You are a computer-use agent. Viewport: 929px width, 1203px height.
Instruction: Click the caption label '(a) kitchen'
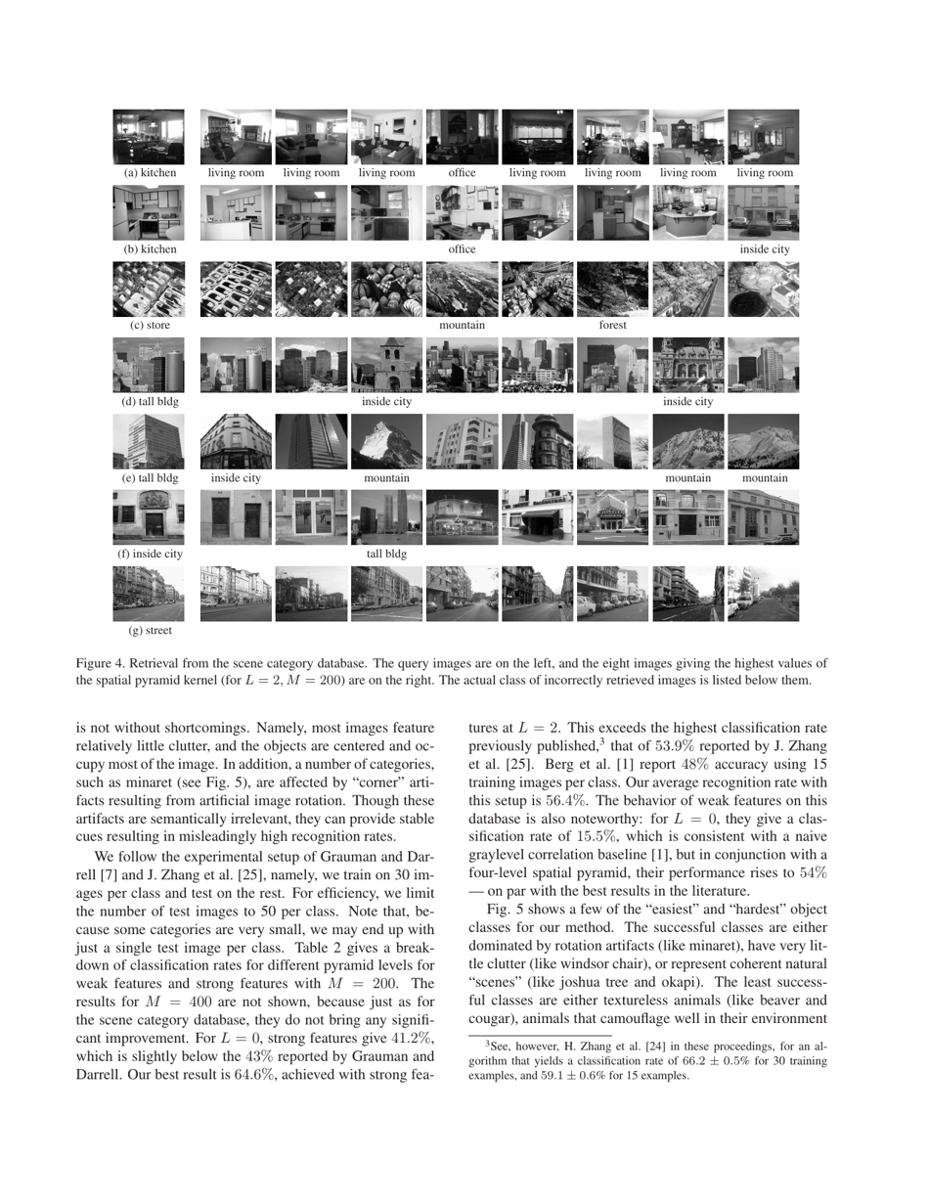(150, 173)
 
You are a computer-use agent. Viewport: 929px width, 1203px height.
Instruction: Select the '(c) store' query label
(150, 326)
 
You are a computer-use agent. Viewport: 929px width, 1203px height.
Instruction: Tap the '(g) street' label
(150, 631)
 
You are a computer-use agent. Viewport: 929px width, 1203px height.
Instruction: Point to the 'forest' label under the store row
(612, 326)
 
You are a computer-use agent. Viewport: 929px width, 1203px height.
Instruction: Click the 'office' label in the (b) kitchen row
(462, 249)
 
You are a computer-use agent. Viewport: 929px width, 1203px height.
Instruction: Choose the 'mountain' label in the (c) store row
(462, 326)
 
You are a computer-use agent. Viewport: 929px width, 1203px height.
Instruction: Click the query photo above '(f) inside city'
(149, 516)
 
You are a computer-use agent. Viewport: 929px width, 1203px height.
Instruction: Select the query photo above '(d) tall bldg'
(149, 365)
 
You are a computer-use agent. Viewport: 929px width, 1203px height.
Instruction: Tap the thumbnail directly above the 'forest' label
(612, 290)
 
